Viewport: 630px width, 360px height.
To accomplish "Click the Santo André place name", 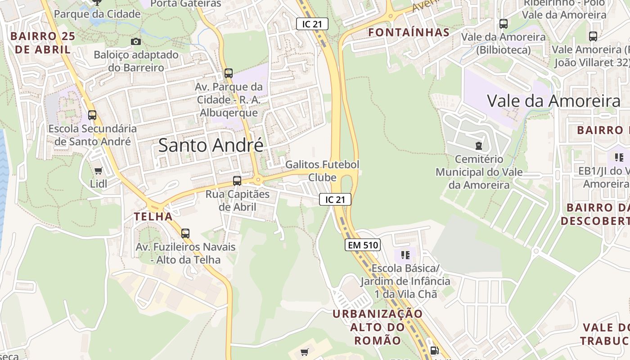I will pos(211,145).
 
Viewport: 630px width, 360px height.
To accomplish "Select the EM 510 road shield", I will pos(363,245).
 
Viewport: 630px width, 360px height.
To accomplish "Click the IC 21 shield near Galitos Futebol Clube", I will pos(335,199).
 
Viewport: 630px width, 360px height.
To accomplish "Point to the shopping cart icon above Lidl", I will pos(98,171).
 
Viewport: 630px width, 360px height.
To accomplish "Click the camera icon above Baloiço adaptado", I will pos(135,42).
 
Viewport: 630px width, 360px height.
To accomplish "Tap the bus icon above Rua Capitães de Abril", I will pos(237,181).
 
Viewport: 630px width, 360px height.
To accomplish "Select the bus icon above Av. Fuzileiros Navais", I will pos(185,234).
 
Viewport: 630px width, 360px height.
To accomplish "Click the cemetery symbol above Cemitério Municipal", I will pos(478,146).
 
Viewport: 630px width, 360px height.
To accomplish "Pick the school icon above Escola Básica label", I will pos(405,255).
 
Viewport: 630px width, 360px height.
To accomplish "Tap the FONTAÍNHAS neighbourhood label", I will pos(409,32).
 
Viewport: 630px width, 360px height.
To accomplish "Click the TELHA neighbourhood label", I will pos(153,216).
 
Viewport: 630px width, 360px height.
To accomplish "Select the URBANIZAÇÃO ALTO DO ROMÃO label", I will pos(378,327).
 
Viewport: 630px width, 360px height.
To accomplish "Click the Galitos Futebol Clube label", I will pos(322,171).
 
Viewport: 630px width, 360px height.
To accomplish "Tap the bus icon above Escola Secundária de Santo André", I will pos(92,115).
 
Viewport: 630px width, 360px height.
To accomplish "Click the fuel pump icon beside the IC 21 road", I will pos(434,350).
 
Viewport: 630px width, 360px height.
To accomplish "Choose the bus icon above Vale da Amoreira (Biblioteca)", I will pos(504,24).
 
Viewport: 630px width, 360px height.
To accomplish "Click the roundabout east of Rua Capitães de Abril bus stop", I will pos(258,181).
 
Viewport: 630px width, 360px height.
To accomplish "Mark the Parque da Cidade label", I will pos(97,14).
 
